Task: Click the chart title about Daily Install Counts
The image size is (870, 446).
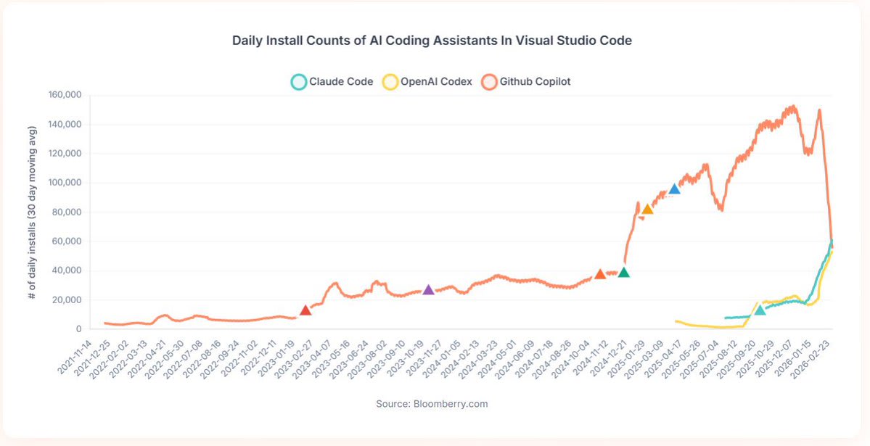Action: (x=432, y=41)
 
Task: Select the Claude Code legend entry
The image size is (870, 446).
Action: (x=332, y=82)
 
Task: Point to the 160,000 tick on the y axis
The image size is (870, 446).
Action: (x=65, y=95)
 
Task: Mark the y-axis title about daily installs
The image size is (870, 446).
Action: (x=33, y=212)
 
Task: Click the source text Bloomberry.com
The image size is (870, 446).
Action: (x=432, y=403)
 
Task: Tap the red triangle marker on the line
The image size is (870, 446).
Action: (x=305, y=310)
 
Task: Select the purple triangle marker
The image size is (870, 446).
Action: (x=428, y=289)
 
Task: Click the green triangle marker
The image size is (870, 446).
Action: (x=623, y=273)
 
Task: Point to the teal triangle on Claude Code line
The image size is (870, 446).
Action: (x=760, y=310)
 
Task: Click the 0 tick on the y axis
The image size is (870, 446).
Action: (x=78, y=329)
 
